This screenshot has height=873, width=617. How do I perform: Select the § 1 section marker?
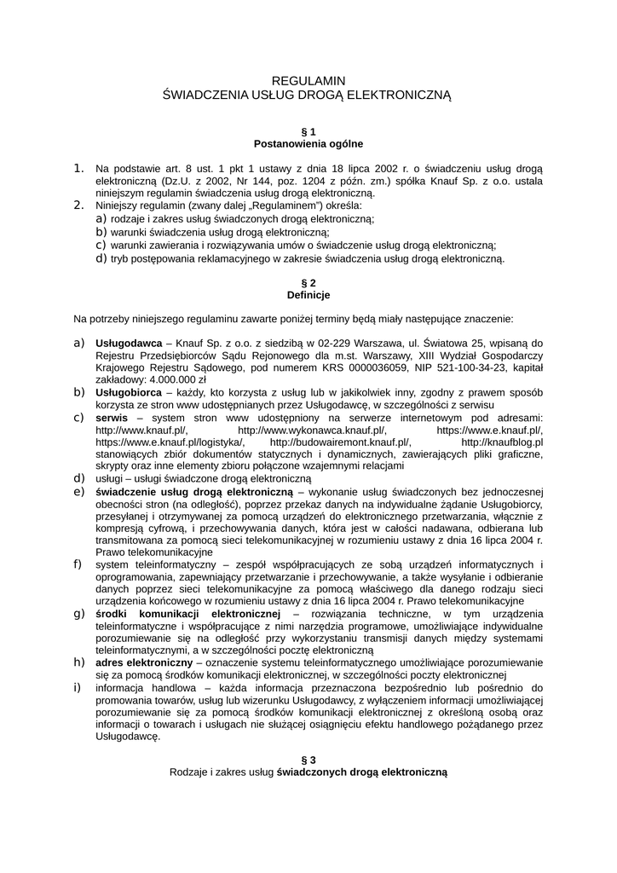308,131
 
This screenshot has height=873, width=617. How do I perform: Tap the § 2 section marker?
308,282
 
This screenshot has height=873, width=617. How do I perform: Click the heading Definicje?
308,294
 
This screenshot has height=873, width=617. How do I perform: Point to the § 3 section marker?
308,760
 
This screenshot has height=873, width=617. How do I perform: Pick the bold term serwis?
112,418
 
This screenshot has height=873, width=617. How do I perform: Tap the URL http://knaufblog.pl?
502,442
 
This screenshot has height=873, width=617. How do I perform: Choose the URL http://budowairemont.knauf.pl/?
340,442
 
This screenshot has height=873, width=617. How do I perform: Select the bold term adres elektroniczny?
144,662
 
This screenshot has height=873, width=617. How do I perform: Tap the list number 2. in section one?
79,205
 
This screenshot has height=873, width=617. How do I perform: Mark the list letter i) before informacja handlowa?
78,686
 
